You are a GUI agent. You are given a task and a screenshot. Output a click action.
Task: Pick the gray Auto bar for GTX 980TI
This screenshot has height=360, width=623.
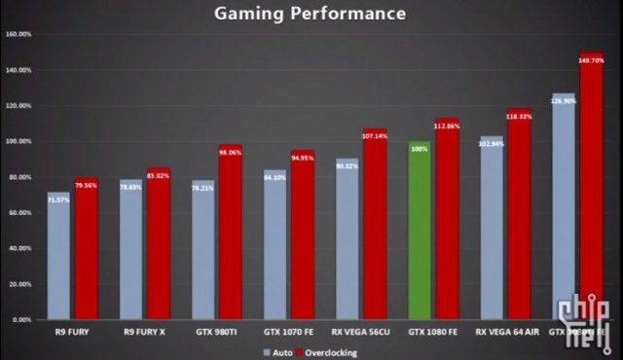[x=203, y=253]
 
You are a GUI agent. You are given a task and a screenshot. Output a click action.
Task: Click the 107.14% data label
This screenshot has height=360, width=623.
[x=375, y=135]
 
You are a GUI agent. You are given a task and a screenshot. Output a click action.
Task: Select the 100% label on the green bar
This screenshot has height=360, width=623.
[x=419, y=149]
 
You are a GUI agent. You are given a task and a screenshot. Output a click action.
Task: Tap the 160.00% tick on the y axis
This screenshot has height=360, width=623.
[x=19, y=34]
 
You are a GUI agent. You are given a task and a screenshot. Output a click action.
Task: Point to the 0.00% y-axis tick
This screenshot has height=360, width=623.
[x=21, y=319]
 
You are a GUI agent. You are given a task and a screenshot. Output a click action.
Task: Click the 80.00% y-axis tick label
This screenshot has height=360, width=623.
[x=19, y=177]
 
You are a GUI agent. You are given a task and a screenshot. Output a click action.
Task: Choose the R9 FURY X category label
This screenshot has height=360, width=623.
[x=144, y=332]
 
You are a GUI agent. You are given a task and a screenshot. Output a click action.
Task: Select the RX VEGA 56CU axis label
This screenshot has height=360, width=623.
[x=361, y=332]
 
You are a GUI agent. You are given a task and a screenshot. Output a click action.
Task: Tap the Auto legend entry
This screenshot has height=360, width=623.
[x=276, y=351]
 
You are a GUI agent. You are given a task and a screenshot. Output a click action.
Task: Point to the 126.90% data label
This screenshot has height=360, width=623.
[x=564, y=100]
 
